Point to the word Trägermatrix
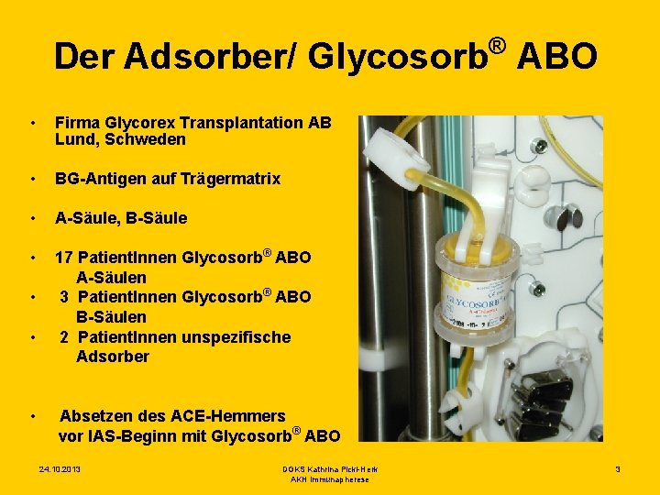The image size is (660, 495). [x=233, y=179]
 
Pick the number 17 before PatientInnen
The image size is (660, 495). [x=64, y=258]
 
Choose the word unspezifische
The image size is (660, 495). [x=236, y=337]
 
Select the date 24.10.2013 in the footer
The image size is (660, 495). [x=60, y=469]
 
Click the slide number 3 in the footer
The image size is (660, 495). [x=618, y=469]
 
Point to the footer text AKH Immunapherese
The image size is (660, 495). [x=329, y=479]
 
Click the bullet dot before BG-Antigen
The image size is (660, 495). [x=33, y=179]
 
